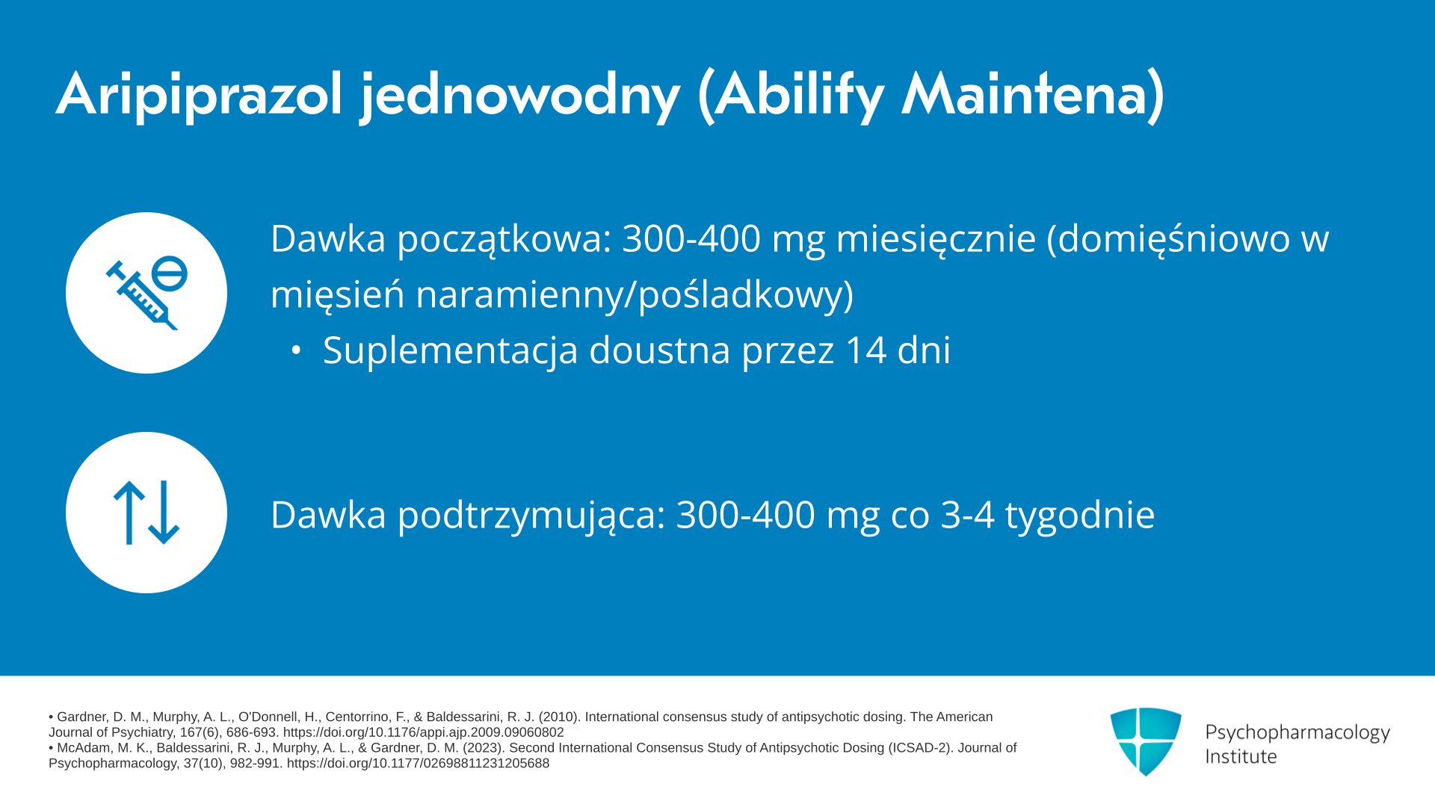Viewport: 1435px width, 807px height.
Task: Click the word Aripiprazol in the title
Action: click(199, 96)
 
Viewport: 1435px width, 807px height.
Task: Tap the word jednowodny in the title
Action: click(519, 96)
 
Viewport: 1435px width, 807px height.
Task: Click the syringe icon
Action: click(146, 293)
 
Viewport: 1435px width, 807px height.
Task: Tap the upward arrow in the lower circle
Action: click(129, 513)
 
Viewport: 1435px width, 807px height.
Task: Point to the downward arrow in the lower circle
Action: click(164, 513)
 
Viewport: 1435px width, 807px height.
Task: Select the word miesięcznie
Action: click(936, 238)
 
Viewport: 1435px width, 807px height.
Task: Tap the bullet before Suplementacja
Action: click(296, 350)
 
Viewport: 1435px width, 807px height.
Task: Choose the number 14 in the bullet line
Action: click(865, 350)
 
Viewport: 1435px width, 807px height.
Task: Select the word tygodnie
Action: click(1080, 516)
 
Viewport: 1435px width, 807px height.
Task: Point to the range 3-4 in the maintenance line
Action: click(967, 515)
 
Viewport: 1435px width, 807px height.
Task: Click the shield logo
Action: click(1146, 741)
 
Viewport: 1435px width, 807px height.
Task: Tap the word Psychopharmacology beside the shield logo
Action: click(1297, 733)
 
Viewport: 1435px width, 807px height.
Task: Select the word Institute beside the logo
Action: click(1241, 757)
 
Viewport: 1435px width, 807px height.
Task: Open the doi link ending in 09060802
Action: click(423, 733)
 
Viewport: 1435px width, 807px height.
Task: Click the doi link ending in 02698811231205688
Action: click(418, 764)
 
